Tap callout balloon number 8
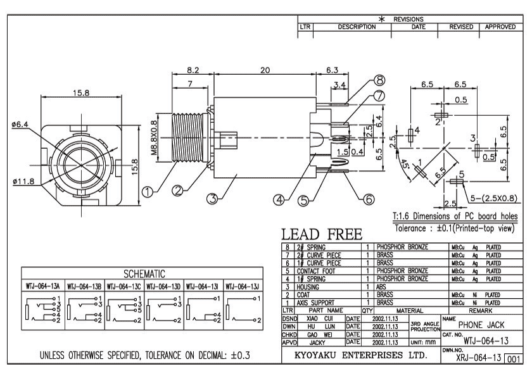[x=379, y=80]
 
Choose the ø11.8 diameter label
[x=22, y=182]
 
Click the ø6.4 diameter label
[x=20, y=124]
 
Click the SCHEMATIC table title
[x=142, y=274]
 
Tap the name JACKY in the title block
[x=316, y=341]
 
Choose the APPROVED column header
[x=501, y=27]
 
